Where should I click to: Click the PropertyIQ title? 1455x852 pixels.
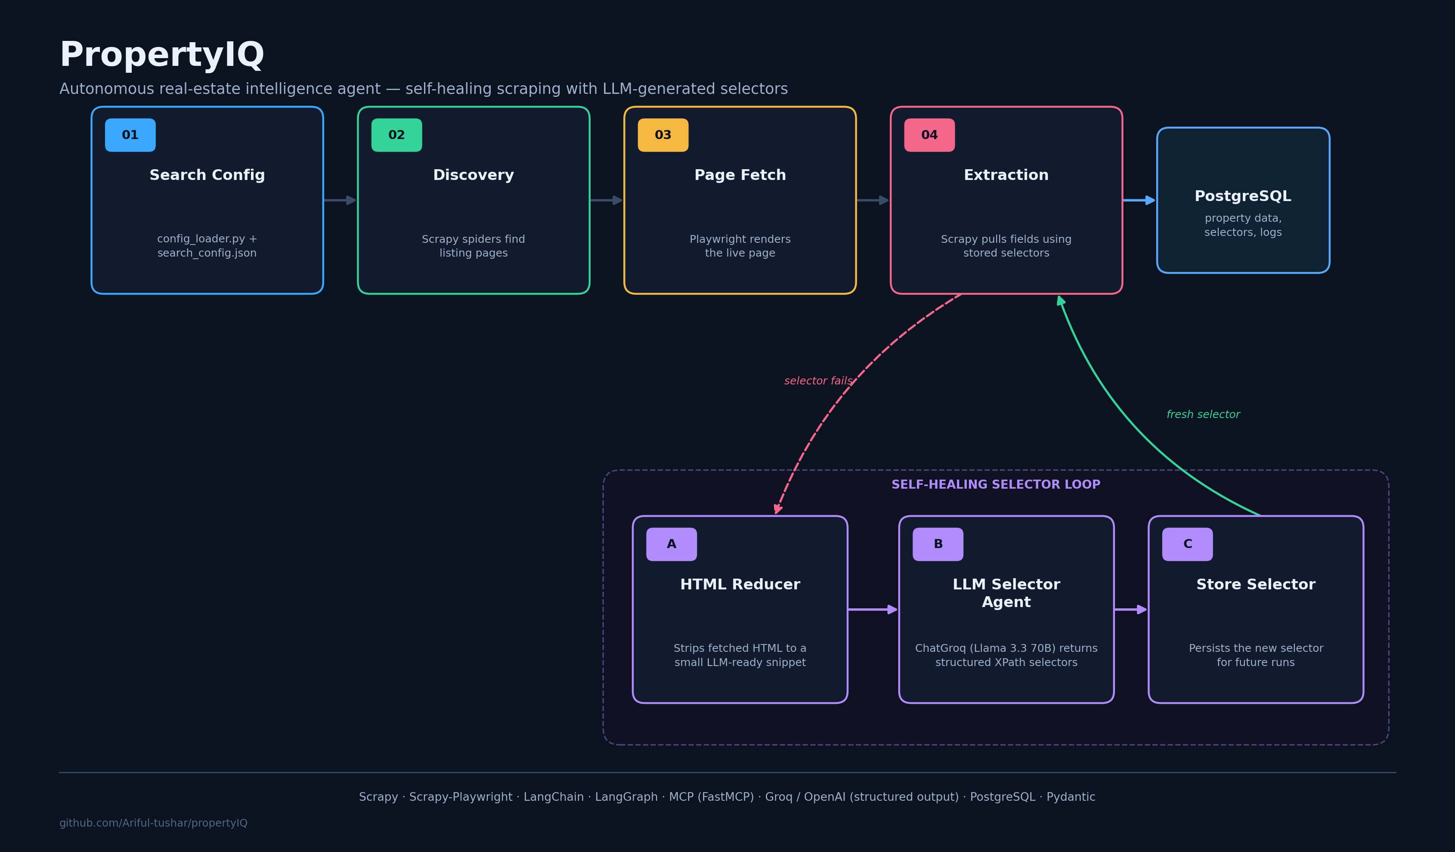[x=162, y=56]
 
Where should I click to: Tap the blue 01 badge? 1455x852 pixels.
[x=130, y=135]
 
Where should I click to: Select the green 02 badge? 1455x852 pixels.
[x=396, y=135]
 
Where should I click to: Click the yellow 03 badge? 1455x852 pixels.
[x=663, y=135]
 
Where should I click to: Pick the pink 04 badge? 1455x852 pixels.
[x=929, y=135]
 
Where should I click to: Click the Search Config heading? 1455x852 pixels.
[x=207, y=175]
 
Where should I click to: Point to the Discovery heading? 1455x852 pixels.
[x=474, y=175]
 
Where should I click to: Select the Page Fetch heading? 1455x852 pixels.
[x=740, y=175]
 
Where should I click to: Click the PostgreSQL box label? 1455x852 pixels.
[x=1243, y=196]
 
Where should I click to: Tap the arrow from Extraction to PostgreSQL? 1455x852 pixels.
[x=1139, y=201]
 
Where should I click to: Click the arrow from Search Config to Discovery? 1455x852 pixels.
[x=340, y=201]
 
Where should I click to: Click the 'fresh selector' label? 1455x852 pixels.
[x=1203, y=415]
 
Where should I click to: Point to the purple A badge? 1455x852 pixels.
[x=672, y=544]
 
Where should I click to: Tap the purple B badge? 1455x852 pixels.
[x=938, y=544]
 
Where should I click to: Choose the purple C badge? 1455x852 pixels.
[x=1188, y=544]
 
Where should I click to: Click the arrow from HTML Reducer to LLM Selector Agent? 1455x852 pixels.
[x=873, y=609]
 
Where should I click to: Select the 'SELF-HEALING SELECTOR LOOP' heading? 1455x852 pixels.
[x=996, y=485]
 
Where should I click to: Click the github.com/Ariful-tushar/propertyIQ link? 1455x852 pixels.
[x=154, y=823]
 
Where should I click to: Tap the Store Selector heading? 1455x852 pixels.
[x=1256, y=585]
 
